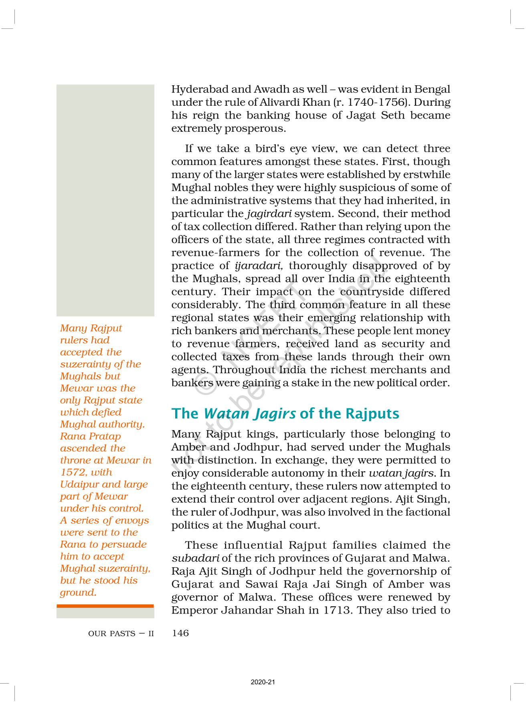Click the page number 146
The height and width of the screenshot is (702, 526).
(x=180, y=633)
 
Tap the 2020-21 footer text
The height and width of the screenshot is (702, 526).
(x=263, y=682)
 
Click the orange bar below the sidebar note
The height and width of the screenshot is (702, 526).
(x=105, y=606)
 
